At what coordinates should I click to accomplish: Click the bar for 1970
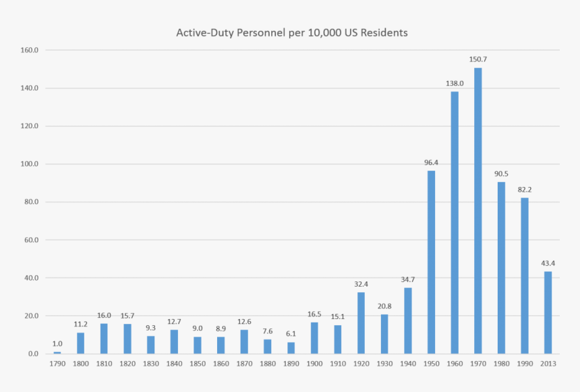coord(477,211)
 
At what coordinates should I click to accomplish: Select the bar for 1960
coord(455,223)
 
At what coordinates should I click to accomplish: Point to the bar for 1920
coord(361,323)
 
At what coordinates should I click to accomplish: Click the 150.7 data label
coord(478,59)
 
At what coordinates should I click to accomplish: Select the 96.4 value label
coord(431,162)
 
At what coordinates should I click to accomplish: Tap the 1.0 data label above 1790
coord(57,343)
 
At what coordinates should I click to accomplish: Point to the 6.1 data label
coord(291,333)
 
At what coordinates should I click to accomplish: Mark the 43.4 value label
coord(548,263)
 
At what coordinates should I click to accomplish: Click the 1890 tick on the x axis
coord(291,364)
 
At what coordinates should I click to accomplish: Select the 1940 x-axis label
coord(407,364)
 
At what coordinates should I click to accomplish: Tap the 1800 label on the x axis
coord(80,364)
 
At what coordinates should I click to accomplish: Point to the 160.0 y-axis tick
coord(30,50)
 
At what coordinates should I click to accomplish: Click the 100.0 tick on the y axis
coord(30,164)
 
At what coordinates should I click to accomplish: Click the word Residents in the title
coord(386,32)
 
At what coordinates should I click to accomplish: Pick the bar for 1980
coord(501,268)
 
